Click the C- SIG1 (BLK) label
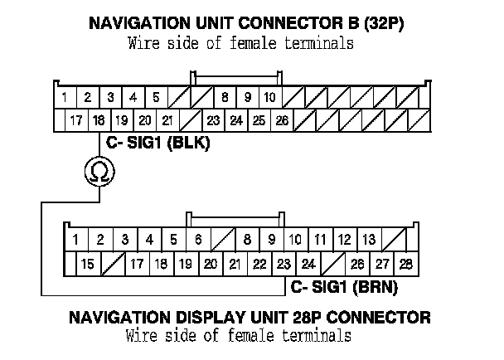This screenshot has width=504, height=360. tap(157, 143)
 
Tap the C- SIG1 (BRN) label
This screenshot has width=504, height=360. tap(344, 288)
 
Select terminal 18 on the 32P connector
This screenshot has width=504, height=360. tap(99, 120)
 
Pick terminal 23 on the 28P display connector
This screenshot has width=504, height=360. tap(283, 265)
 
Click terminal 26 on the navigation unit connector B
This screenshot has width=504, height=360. tap(282, 120)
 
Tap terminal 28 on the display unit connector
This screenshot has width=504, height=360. tap(405, 265)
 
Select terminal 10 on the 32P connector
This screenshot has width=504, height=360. tap(269, 97)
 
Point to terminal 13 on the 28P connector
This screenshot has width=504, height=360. tap(369, 241)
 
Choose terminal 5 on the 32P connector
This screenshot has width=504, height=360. tap(155, 97)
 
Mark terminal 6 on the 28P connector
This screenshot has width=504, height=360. tap(197, 241)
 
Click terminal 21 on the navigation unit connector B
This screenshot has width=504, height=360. tap(167, 120)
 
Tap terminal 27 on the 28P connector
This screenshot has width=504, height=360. tap(381, 265)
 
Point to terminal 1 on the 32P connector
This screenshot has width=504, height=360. tap(65, 97)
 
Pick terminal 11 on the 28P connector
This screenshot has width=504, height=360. tap(319, 241)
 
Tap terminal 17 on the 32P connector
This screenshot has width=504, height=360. tap(76, 120)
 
